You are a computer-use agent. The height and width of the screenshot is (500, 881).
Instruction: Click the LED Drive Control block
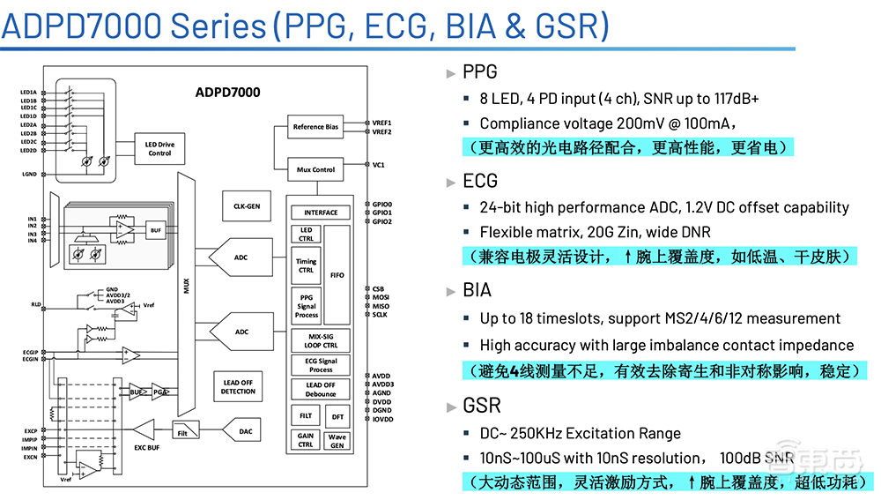coord(159,148)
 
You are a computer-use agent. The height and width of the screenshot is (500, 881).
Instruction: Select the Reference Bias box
coord(315,127)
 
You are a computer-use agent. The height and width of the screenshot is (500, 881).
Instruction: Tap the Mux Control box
coord(315,169)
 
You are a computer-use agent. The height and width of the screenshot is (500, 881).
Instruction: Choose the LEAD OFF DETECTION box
coord(238,386)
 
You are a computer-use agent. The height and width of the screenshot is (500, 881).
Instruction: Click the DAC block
coord(246,431)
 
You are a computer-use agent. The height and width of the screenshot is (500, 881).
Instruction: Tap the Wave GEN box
coord(337,441)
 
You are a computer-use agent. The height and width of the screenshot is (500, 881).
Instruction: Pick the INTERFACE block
coord(321,213)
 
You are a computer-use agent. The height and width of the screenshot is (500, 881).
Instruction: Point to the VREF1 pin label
coord(382,123)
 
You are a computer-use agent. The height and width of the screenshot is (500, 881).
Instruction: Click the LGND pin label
coord(29,175)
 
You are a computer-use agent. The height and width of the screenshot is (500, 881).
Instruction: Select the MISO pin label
coord(381,306)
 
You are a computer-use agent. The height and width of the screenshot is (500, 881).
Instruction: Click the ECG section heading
coord(480,181)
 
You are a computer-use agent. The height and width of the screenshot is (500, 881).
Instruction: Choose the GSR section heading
coord(482,406)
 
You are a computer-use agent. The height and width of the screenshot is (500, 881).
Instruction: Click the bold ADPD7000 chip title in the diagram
coord(227,92)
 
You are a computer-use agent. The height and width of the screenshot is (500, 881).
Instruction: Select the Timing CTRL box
coord(306,265)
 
